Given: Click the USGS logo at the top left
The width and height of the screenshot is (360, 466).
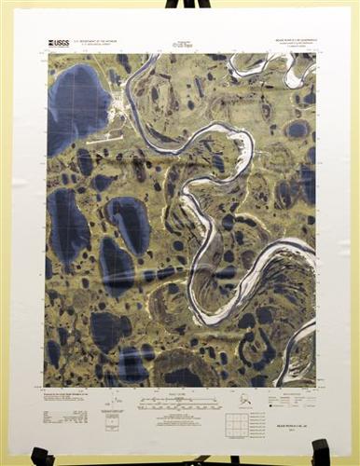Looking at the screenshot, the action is pyautogui.click(x=59, y=42).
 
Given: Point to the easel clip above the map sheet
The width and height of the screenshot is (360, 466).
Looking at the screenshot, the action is pyautogui.click(x=180, y=4).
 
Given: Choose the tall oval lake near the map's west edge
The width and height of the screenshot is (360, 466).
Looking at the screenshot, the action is pyautogui.click(x=66, y=224).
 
